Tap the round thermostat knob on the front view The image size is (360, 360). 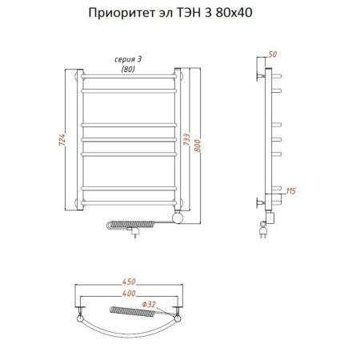(x=180, y=215)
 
